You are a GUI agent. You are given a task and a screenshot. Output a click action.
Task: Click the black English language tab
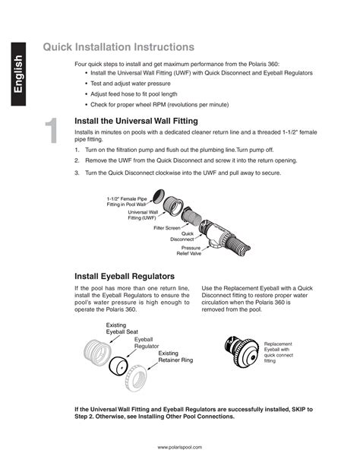pos(18,74)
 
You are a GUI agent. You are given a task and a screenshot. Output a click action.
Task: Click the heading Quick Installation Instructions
pos(118,47)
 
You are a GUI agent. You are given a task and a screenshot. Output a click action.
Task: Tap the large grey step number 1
pos(52,131)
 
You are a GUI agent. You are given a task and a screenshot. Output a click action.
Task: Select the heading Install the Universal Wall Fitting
pos(136,121)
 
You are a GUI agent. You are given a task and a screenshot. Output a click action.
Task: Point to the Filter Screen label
pos(167,228)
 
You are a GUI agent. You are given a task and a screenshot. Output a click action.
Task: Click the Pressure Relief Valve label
pos(189,251)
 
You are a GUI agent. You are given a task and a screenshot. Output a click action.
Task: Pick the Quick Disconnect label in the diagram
pos(182,236)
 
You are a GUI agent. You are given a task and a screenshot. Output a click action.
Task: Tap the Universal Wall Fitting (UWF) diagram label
pos(143,215)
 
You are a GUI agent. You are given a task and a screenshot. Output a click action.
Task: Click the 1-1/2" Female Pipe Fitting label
pos(127,201)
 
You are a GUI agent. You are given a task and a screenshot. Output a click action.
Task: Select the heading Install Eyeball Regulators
pos(125,277)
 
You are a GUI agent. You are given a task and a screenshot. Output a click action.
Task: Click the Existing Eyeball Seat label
pos(122,328)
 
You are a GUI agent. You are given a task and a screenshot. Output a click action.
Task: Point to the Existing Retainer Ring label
pos(175,357)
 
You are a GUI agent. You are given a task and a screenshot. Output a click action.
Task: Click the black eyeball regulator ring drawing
pos(118,366)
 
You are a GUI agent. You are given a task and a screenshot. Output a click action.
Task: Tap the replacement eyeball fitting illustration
pos(242,351)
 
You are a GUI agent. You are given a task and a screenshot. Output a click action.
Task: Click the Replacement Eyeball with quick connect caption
pos(278,352)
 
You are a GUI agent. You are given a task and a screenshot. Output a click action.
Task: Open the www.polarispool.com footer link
pos(180,447)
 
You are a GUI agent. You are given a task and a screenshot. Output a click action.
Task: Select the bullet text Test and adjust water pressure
pos(131,84)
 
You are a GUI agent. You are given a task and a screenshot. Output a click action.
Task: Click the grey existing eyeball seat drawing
pos(97,351)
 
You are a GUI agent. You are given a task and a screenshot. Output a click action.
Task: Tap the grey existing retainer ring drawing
pos(137,378)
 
